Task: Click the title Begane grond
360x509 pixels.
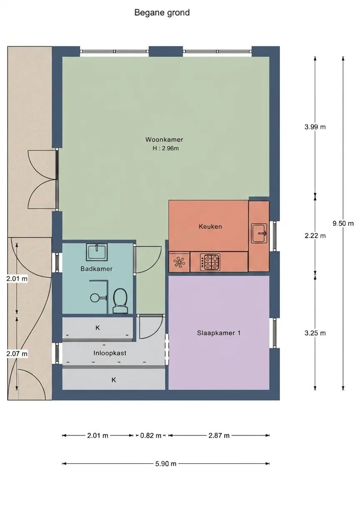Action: click(162, 13)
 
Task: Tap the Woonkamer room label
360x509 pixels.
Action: click(164, 139)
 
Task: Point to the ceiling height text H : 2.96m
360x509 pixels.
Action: click(166, 148)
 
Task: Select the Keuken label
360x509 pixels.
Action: click(210, 226)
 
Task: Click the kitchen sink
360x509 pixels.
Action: click(259, 233)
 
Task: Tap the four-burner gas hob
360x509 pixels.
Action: click(210, 262)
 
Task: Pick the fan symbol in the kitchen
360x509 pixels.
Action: click(179, 262)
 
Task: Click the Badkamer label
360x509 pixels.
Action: click(96, 269)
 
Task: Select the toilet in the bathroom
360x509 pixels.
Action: click(120, 301)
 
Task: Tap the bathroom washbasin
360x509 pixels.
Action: click(97, 252)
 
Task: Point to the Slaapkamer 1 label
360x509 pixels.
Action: click(219, 333)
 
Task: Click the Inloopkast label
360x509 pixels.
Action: click(110, 353)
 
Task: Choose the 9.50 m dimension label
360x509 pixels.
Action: click(343, 224)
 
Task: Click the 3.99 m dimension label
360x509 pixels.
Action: click(315, 127)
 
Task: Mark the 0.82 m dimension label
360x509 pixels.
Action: click(151, 435)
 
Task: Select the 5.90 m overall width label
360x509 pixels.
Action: click(166, 464)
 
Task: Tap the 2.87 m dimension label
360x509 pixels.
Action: click(219, 435)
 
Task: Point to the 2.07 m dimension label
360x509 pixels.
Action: click(17, 354)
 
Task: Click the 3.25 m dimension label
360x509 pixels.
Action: click(315, 333)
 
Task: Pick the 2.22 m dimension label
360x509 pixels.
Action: click(315, 236)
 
